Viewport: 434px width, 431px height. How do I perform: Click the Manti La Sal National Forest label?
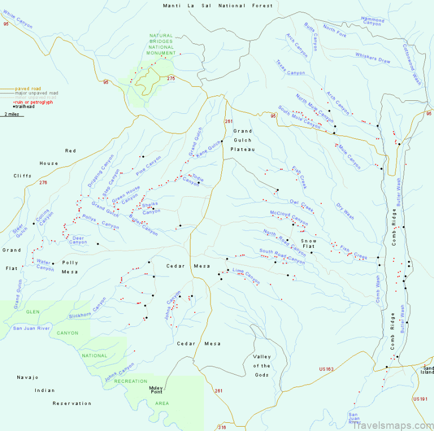coord(218,5)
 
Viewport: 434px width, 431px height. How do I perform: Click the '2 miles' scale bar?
coord(11,115)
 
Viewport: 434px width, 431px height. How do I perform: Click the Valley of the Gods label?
coord(262,365)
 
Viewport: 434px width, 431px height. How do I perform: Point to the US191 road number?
coord(420,399)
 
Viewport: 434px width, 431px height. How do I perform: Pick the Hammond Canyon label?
coord(372,21)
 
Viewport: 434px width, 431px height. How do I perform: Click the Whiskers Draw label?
coord(373,58)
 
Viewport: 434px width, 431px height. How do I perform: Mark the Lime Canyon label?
coord(246,275)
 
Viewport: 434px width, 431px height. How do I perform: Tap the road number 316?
coord(221,427)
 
